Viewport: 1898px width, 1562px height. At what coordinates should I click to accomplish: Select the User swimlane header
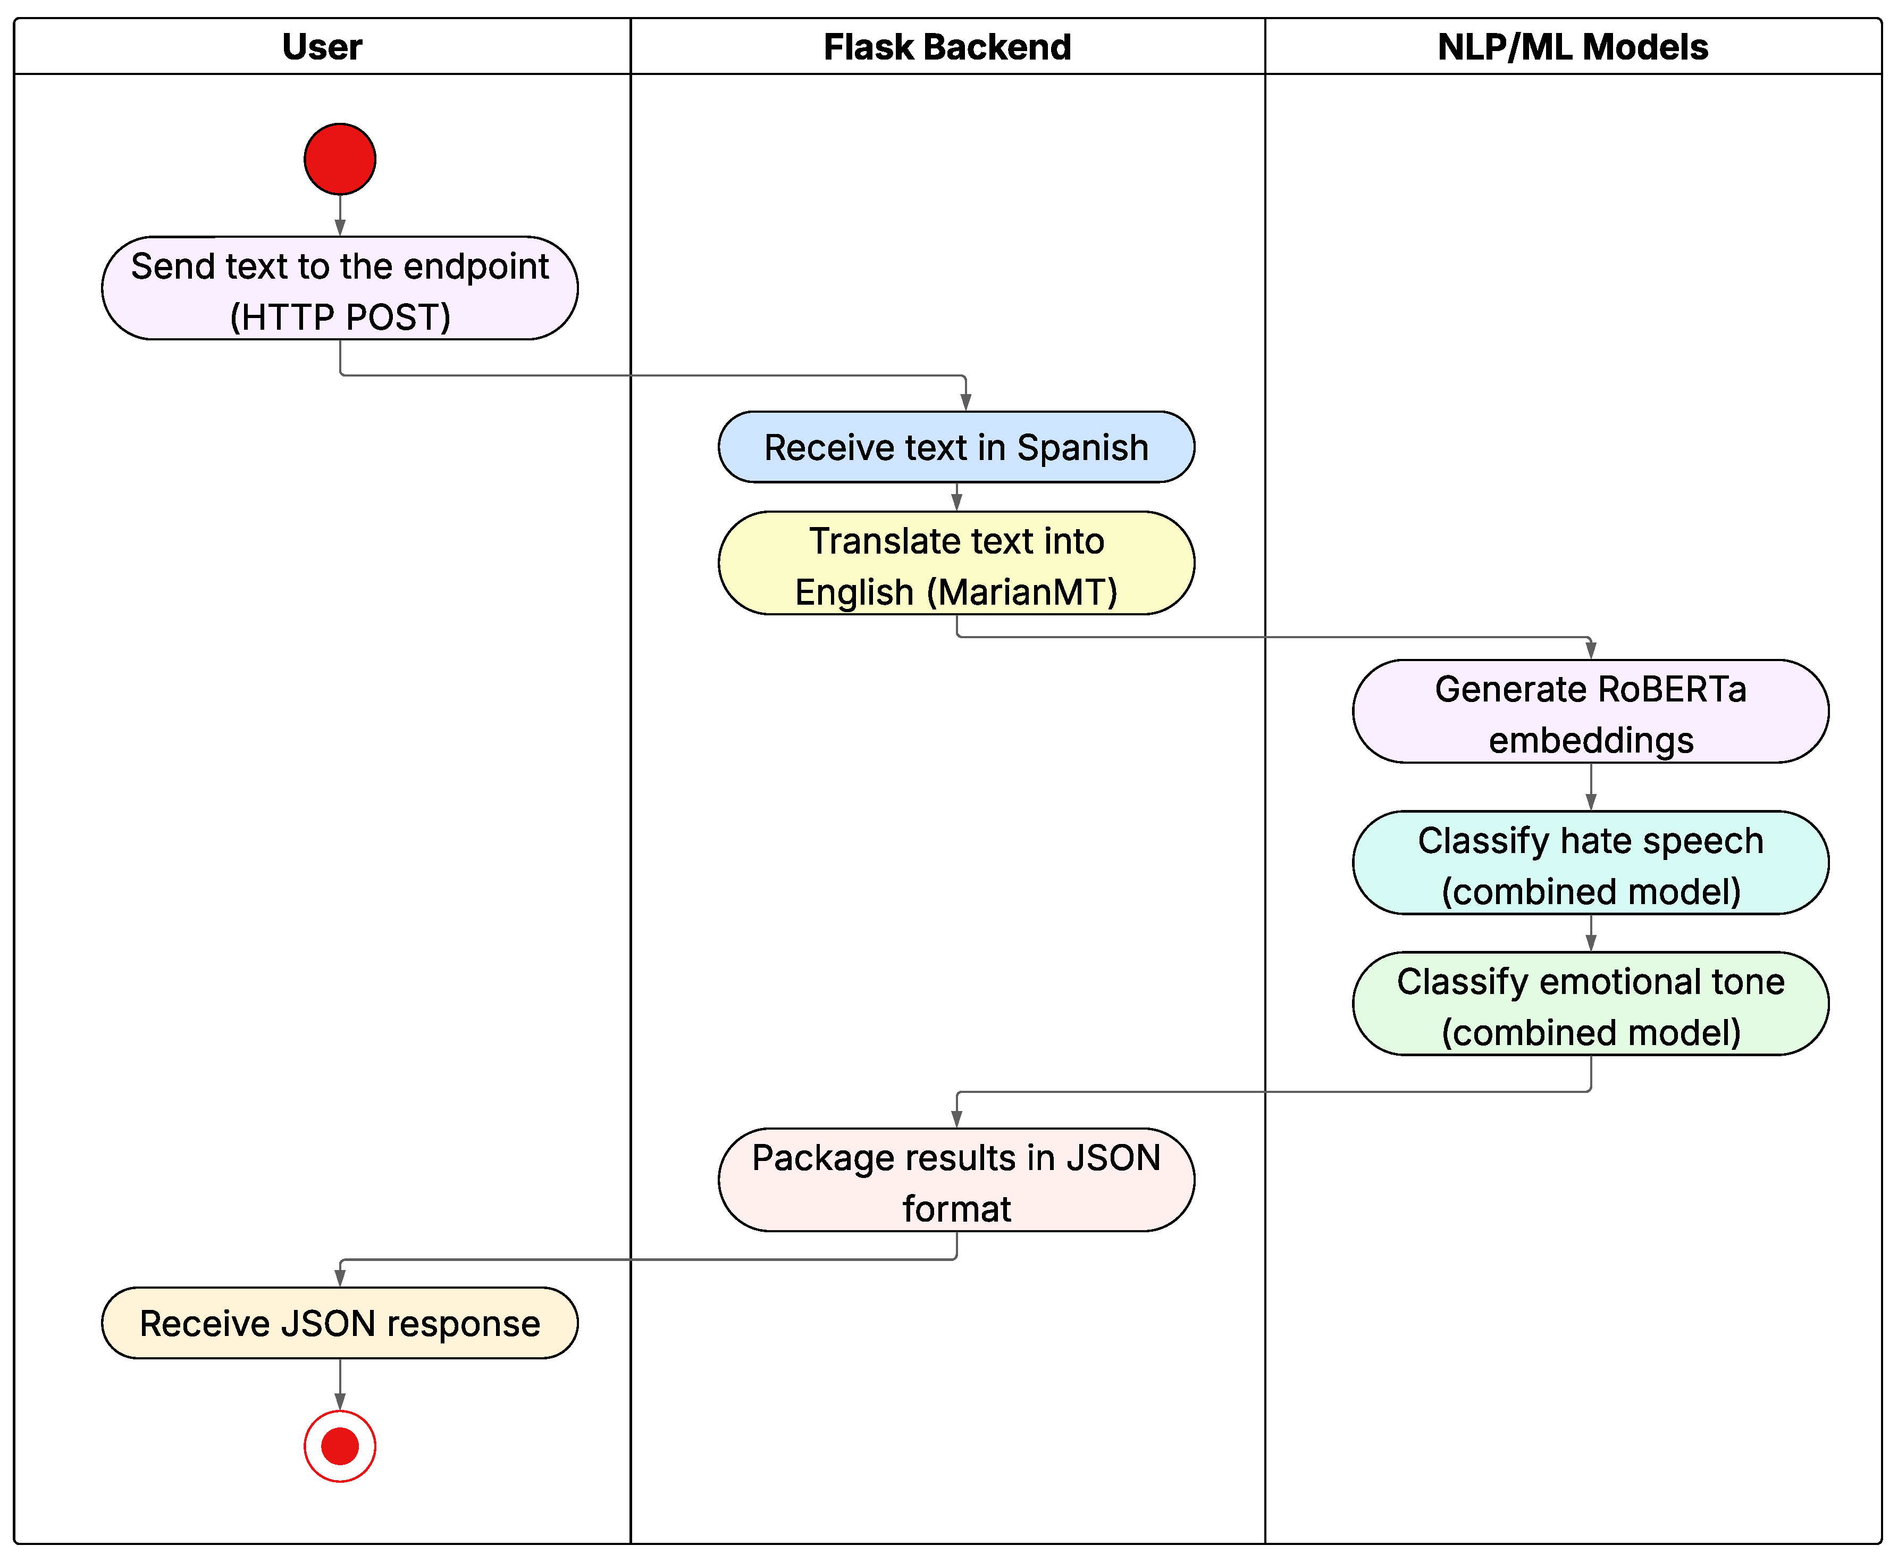tap(322, 47)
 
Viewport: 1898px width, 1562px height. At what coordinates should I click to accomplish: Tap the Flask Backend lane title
tap(947, 47)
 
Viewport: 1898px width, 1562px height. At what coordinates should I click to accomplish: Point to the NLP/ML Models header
tap(1573, 47)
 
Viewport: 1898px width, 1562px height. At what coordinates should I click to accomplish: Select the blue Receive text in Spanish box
tap(956, 447)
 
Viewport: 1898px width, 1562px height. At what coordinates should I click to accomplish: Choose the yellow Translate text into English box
tap(956, 563)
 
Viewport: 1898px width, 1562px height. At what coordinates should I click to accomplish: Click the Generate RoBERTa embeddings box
tap(1590, 712)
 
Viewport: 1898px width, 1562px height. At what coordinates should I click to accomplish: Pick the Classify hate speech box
tap(1590, 863)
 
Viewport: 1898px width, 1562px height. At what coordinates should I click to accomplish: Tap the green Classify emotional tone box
tap(1590, 1004)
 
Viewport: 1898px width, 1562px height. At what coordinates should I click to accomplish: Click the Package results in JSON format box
tap(956, 1181)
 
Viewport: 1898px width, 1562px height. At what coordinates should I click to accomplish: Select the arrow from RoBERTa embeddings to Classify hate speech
tap(1590, 787)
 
